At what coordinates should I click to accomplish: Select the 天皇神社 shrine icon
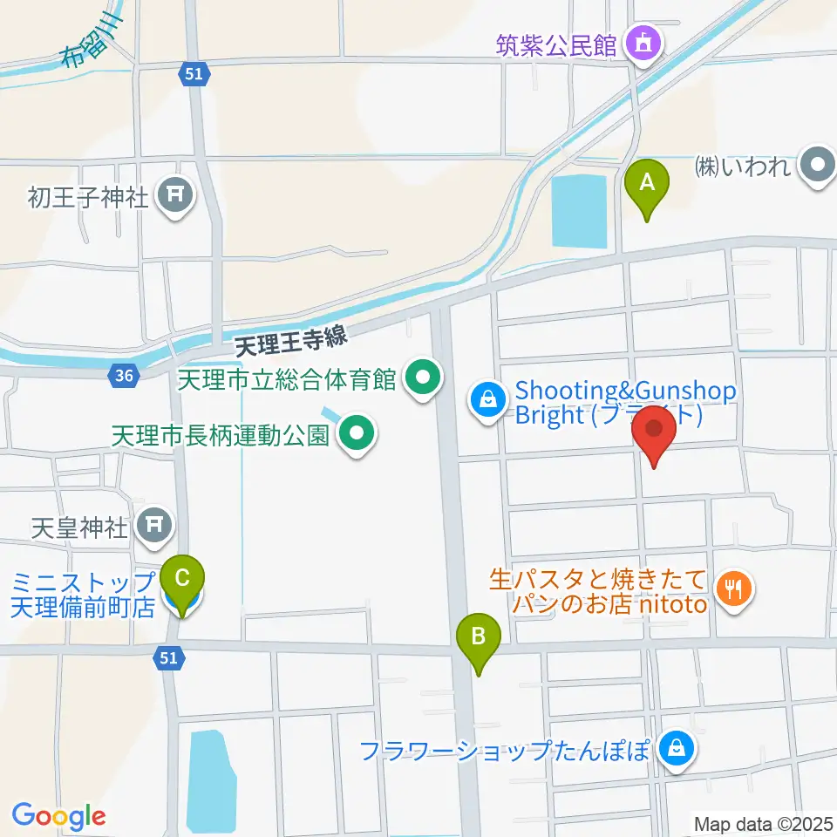point(155,524)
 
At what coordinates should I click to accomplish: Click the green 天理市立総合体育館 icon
point(424,378)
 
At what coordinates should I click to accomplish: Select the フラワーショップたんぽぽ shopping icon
point(674,748)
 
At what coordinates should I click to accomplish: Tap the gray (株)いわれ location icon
point(817,166)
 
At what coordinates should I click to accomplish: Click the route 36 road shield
point(123,376)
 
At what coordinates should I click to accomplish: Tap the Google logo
point(58,816)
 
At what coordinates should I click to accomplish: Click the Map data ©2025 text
point(764,822)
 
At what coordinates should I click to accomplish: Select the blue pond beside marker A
point(580,209)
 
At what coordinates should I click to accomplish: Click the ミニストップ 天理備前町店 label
point(83,593)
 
